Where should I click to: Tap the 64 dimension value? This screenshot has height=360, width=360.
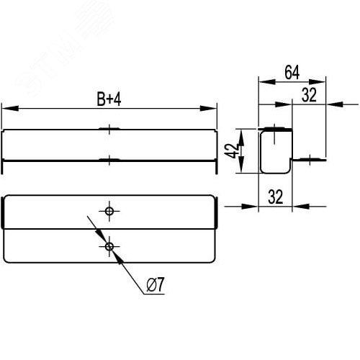coord(292,72)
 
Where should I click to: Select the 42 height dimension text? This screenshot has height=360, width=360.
coord(231,151)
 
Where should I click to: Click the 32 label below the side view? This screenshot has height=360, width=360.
coord(274,196)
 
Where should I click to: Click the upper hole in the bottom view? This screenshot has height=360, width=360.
coord(109,211)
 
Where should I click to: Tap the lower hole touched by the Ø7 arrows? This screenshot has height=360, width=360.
coord(109,247)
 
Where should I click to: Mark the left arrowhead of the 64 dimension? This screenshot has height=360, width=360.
coord(262,82)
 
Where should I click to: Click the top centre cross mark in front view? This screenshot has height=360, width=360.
coord(109,129)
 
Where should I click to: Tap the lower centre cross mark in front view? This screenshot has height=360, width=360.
coord(109,159)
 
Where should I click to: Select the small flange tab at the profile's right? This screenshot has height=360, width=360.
coord(307,158)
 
